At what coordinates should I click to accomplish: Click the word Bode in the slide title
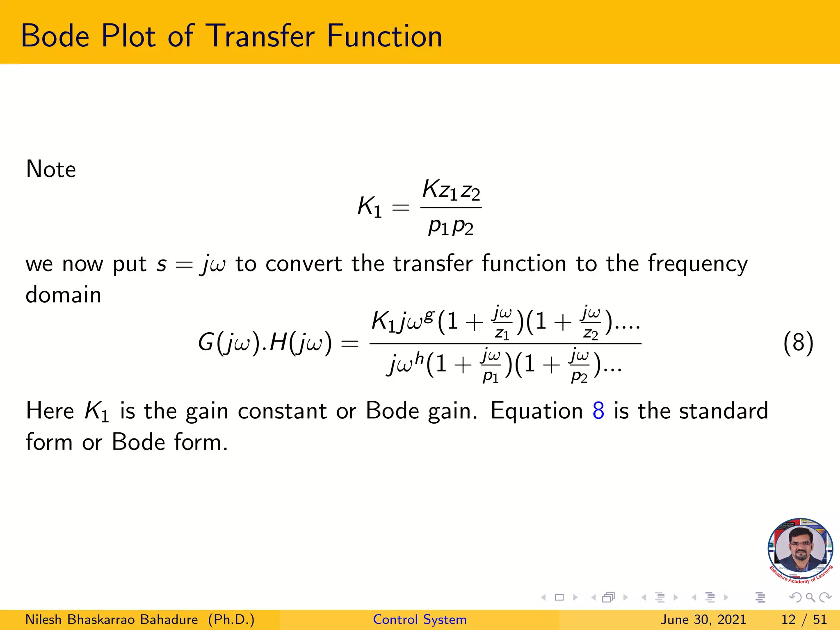(55, 36)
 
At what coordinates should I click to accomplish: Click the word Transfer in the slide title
(261, 36)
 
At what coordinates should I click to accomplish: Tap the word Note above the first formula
(51, 169)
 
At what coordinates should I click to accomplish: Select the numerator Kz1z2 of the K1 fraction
(451, 190)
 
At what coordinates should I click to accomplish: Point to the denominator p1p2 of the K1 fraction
(451, 226)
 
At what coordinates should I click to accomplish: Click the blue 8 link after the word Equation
(598, 411)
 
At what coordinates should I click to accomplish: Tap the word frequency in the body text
(698, 264)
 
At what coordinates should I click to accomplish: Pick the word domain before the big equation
(63, 295)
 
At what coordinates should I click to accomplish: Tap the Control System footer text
(420, 619)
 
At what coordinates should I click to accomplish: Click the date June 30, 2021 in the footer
(703, 619)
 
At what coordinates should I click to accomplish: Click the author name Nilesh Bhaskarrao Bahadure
(112, 619)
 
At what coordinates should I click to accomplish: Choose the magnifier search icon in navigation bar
(810, 598)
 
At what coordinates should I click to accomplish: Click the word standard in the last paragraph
(724, 411)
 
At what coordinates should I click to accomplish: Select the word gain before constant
(207, 411)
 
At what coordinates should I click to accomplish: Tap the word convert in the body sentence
(304, 264)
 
